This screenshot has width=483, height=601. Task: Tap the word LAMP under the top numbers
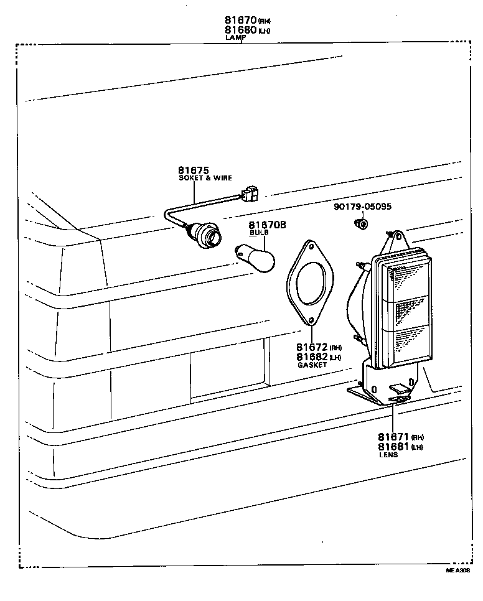[x=235, y=37]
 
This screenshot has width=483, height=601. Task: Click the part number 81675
[x=193, y=170]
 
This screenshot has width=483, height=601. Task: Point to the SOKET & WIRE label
[x=205, y=178]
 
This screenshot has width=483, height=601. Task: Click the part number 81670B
[x=267, y=225]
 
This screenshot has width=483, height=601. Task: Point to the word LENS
[x=388, y=455]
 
